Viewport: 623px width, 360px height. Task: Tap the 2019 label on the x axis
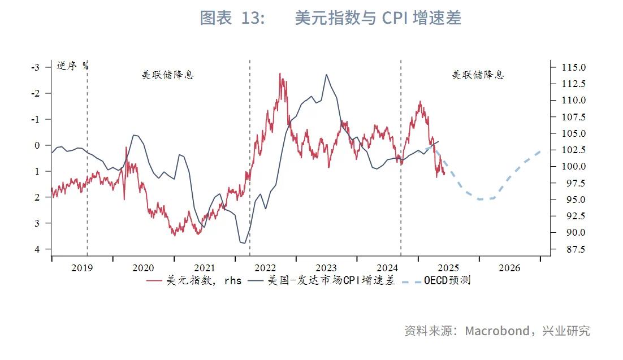pos(82,268)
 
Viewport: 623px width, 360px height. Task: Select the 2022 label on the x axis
pos(265,268)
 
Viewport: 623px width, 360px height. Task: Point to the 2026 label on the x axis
pos(509,268)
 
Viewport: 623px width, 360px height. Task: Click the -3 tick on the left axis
pos(35,67)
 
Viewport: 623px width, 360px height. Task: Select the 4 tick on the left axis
pos(37,249)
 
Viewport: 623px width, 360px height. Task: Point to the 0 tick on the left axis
pos(37,145)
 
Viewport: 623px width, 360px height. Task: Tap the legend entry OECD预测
pos(447,280)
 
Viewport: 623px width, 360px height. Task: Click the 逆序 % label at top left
pos(72,65)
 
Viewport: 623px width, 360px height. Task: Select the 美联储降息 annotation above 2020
pos(167,75)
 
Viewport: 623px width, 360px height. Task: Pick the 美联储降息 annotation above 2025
pos(478,75)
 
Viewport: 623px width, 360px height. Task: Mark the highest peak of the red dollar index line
pos(280,73)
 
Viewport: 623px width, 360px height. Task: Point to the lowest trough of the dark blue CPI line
pos(243,243)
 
